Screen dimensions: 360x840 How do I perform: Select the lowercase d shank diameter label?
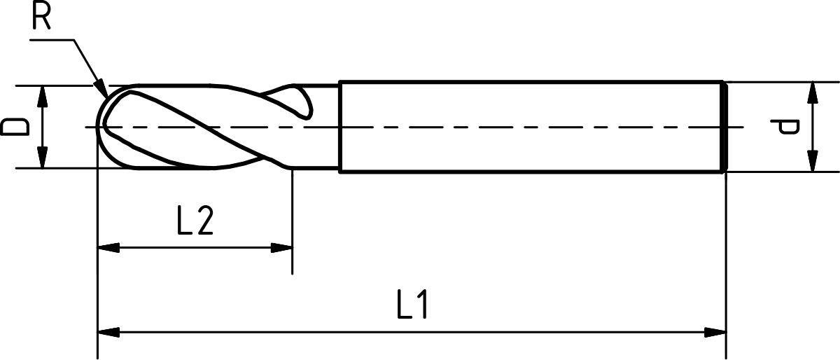(x=788, y=127)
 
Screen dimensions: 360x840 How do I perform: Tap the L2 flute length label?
(x=194, y=221)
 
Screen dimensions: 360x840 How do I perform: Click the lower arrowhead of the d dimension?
(x=813, y=162)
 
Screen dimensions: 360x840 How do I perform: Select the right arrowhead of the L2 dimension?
(x=281, y=247)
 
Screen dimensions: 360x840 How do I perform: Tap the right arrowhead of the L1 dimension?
(x=715, y=331)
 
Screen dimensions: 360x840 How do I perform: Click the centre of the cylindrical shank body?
(x=531, y=127)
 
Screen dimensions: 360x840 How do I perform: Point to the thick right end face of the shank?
(x=724, y=127)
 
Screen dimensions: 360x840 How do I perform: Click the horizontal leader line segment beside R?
(x=53, y=40)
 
